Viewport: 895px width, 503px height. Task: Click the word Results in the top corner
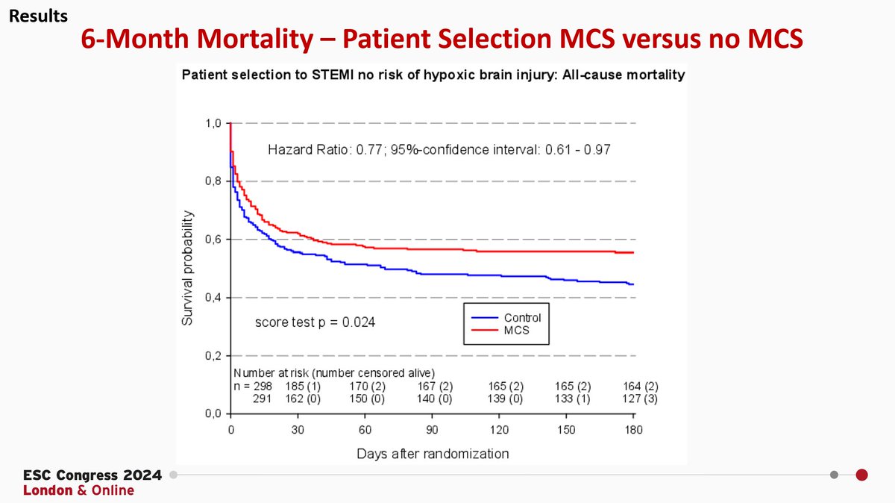click(x=38, y=16)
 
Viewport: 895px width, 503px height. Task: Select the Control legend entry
click(x=506, y=318)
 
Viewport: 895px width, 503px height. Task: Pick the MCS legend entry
click(x=500, y=331)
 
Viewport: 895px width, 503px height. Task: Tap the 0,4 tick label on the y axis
click(x=213, y=298)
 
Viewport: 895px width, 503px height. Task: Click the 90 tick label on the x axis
click(x=432, y=430)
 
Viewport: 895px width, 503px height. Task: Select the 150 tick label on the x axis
click(x=566, y=430)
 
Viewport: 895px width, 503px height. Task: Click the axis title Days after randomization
click(x=433, y=454)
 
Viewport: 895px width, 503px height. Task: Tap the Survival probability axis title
click(x=187, y=268)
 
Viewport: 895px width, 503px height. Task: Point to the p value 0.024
click(x=359, y=322)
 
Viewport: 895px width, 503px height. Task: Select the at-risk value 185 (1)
click(x=303, y=387)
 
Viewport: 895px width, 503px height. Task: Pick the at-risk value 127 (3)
click(x=640, y=399)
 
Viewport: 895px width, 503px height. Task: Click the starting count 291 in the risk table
click(x=262, y=399)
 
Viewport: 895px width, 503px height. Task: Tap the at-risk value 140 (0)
click(x=434, y=399)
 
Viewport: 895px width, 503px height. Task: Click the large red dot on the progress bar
click(x=862, y=475)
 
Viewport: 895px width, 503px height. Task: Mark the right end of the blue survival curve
click(x=634, y=284)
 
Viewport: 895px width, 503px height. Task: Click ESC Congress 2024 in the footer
click(x=92, y=475)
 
